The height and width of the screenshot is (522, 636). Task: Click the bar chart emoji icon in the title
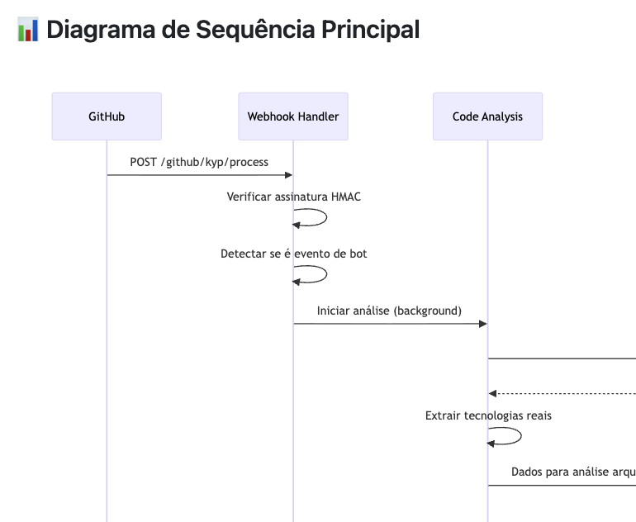click(28, 30)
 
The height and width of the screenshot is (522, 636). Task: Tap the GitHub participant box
click(107, 116)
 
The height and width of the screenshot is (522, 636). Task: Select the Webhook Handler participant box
click(293, 116)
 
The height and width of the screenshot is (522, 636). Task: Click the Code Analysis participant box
click(487, 116)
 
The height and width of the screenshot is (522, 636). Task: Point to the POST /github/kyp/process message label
click(199, 162)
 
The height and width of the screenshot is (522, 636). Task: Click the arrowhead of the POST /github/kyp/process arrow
click(288, 175)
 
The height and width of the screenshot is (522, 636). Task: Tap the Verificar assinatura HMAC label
click(293, 197)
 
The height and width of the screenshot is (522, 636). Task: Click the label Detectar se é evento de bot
click(293, 254)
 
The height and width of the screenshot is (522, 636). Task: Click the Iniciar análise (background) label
click(389, 311)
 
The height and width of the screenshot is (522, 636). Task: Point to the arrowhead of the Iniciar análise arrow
click(482, 324)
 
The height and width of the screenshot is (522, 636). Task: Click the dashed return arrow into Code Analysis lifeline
click(562, 393)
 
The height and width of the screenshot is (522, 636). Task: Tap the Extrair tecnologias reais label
click(488, 415)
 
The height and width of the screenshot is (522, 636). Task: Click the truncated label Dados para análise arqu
click(572, 472)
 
